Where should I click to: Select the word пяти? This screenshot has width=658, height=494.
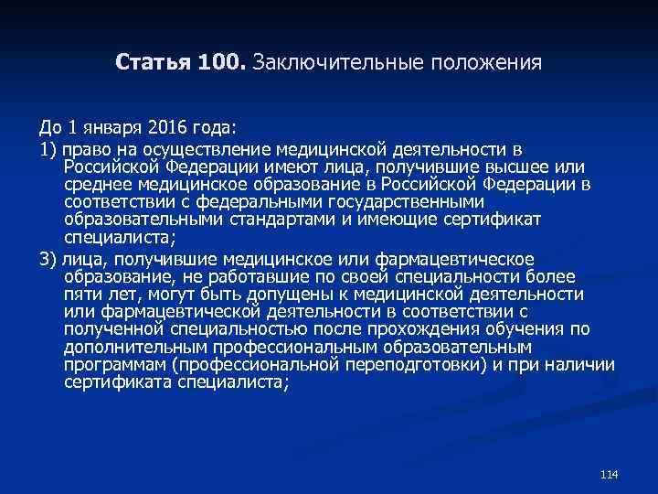pos(82,295)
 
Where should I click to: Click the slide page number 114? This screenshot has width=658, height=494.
pos(610,474)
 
